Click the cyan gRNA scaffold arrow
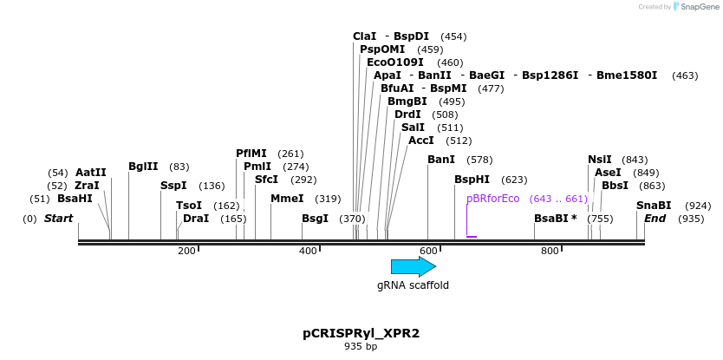[413, 266]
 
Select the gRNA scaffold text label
[413, 285]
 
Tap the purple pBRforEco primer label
[492, 199]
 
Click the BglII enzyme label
[143, 167]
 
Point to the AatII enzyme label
[91, 173]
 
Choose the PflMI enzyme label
[251, 154]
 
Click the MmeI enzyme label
[287, 199]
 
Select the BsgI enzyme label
[315, 219]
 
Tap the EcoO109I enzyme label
[395, 62]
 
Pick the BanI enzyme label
[441, 160]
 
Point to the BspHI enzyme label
[472, 180]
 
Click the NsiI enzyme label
[600, 160]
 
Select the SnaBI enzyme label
[654, 206]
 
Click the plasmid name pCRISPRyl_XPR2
[361, 333]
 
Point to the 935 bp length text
[361, 347]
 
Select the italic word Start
[58, 219]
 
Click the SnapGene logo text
[698, 7]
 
